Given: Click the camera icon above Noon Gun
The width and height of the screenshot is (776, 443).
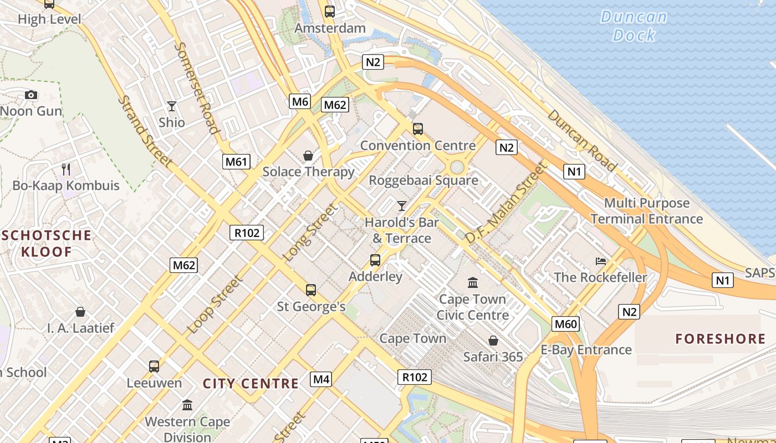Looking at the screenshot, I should (31, 95).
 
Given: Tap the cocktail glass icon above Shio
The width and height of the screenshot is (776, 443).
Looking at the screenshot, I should (172, 106).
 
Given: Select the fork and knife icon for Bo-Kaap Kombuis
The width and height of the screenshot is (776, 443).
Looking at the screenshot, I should (66, 169).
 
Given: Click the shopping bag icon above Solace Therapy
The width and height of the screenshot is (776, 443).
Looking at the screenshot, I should (308, 156).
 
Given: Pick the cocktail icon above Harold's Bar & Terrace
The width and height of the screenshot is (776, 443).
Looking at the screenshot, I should (402, 206).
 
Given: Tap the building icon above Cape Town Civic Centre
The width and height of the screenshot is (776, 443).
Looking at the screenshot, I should (473, 283).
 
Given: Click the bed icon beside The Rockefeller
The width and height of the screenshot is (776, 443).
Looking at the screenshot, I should (601, 261).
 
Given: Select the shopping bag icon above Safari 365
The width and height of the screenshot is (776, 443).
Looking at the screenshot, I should (493, 341).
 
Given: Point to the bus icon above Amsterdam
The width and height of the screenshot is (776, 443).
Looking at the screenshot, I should (330, 11).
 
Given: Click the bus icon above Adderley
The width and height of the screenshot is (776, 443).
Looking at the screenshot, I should (375, 260).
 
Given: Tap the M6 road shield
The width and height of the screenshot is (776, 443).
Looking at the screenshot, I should (300, 101).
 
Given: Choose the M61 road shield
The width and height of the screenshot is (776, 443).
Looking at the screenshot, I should (237, 162).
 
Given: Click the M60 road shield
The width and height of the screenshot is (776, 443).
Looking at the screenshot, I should (566, 324).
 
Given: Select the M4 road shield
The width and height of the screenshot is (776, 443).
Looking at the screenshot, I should (321, 379).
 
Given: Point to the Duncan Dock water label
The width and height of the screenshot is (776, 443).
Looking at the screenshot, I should (634, 25).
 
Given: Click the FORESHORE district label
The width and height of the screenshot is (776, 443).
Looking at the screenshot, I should (721, 339).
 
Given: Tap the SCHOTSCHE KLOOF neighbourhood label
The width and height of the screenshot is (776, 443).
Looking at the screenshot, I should (46, 244).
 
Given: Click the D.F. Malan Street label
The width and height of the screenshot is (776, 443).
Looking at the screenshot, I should (506, 203).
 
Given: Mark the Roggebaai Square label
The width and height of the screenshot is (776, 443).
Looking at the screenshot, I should (423, 181).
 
